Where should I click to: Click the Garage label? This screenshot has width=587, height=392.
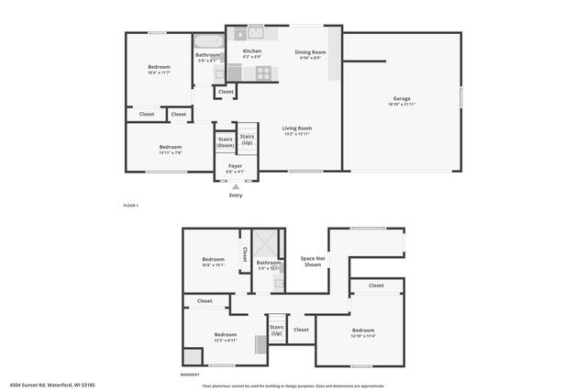point(402,100)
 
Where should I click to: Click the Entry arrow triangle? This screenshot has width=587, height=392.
point(236,186)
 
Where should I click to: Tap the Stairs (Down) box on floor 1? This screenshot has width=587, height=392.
point(226,141)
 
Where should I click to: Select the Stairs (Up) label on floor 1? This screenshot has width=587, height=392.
point(247,140)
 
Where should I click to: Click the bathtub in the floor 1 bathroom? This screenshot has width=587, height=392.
point(205,41)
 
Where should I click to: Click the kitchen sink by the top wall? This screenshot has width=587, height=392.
point(254,34)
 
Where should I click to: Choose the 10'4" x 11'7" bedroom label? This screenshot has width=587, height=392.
point(161,69)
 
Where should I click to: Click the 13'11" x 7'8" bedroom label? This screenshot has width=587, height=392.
point(171,150)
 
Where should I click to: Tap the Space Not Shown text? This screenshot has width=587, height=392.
point(313,262)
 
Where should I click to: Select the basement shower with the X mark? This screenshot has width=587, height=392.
point(266,243)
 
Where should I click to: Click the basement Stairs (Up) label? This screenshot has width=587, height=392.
point(276,330)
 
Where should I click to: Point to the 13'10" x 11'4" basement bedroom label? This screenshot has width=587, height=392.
point(363,332)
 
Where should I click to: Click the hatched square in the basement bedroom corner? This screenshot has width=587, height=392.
point(193,357)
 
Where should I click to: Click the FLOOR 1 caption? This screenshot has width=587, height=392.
point(131,206)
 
